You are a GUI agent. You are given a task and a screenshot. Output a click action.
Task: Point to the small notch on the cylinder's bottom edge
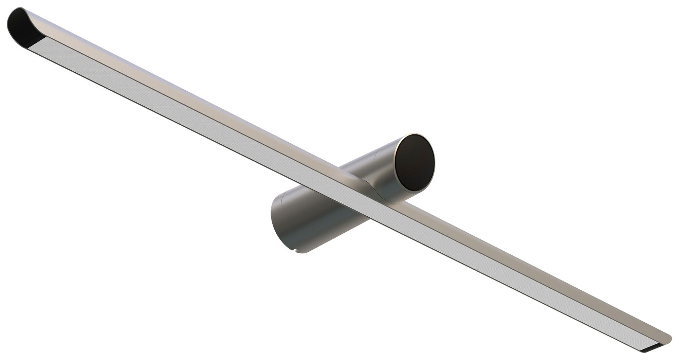pyautogui.click(x=297, y=251)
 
